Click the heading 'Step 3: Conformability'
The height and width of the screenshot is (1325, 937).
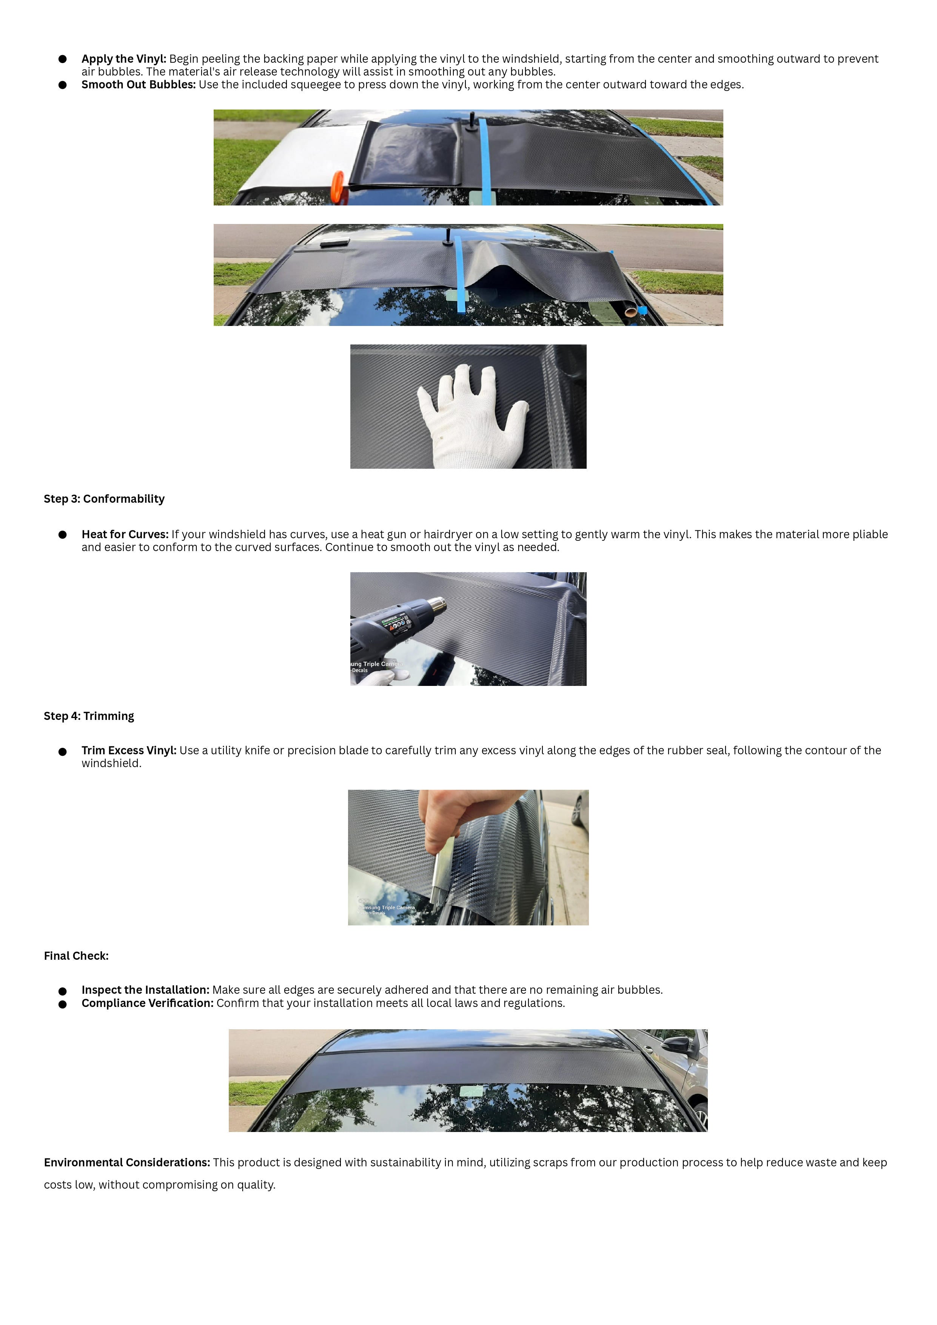coord(104,499)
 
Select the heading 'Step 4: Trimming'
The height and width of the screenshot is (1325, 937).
coord(89,716)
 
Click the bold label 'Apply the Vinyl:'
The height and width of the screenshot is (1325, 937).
coord(123,59)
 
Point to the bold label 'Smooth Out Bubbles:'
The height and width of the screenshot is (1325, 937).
coord(139,85)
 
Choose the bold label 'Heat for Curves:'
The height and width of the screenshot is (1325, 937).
coord(125,534)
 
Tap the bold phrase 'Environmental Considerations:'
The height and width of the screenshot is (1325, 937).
coord(127,1162)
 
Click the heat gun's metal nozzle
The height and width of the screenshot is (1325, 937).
coord(437,606)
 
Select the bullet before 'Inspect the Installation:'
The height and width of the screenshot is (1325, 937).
coord(62,991)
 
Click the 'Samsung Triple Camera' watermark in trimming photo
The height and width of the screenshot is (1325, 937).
coord(387,907)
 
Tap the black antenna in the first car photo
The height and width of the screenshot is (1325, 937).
coord(472,121)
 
